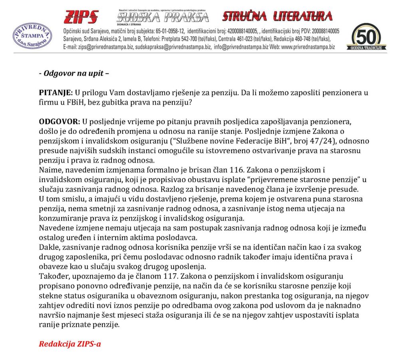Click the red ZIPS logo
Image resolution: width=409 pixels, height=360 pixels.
click(x=81, y=17)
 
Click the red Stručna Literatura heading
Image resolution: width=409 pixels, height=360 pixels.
click(x=277, y=16)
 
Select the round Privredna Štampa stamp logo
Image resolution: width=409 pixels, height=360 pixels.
click(x=32, y=36)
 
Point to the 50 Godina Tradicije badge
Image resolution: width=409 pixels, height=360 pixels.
click(x=369, y=37)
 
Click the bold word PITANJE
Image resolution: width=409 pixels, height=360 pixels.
click(x=56, y=92)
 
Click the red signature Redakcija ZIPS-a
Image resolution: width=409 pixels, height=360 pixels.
click(x=69, y=344)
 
